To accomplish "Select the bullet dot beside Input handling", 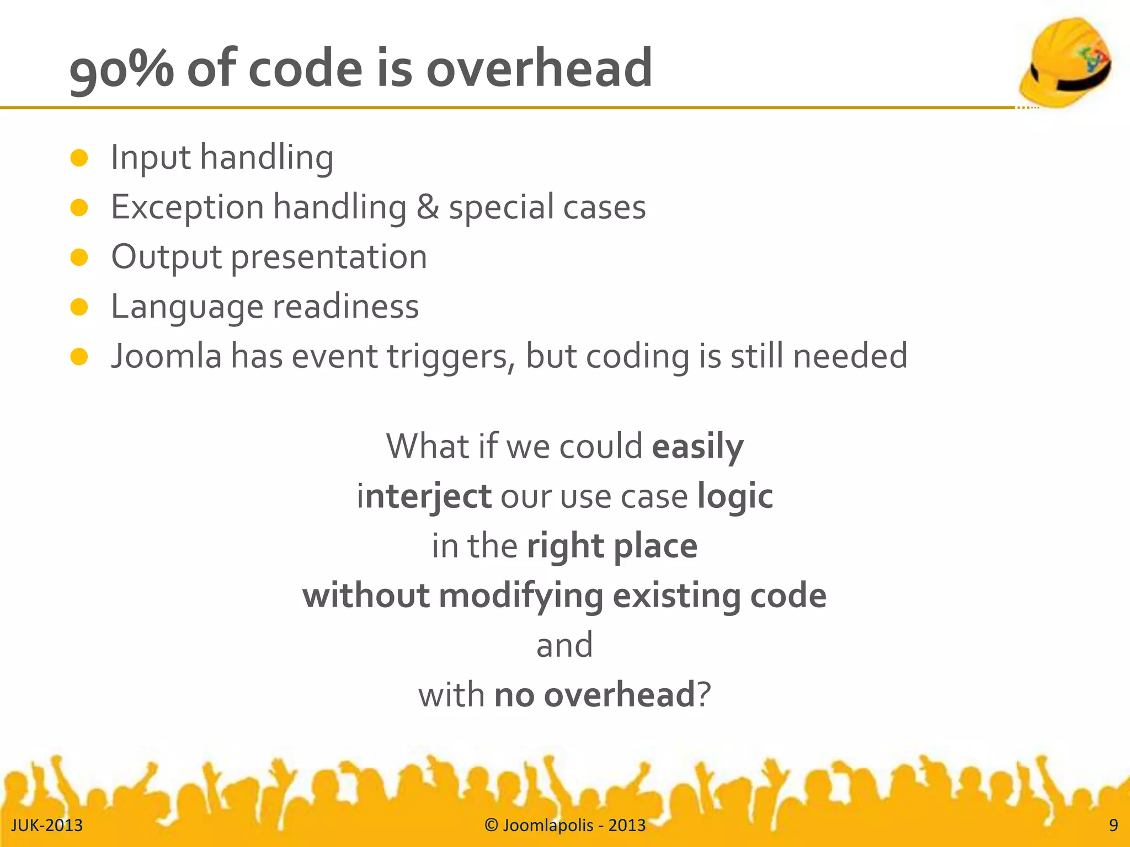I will (x=79, y=158).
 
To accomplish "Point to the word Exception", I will (x=188, y=208).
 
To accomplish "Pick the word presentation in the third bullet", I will (x=329, y=258).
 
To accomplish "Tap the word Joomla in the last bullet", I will (x=166, y=356).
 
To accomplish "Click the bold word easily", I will (x=697, y=447).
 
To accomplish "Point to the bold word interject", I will (x=424, y=496).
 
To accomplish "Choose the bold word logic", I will (x=735, y=496).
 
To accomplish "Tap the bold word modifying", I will (x=521, y=596).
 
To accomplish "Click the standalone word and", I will (x=564, y=645).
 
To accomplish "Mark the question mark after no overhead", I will (x=704, y=695).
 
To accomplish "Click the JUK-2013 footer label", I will (x=47, y=825).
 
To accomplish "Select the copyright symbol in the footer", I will (x=491, y=825).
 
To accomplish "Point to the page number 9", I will (x=1113, y=825).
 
